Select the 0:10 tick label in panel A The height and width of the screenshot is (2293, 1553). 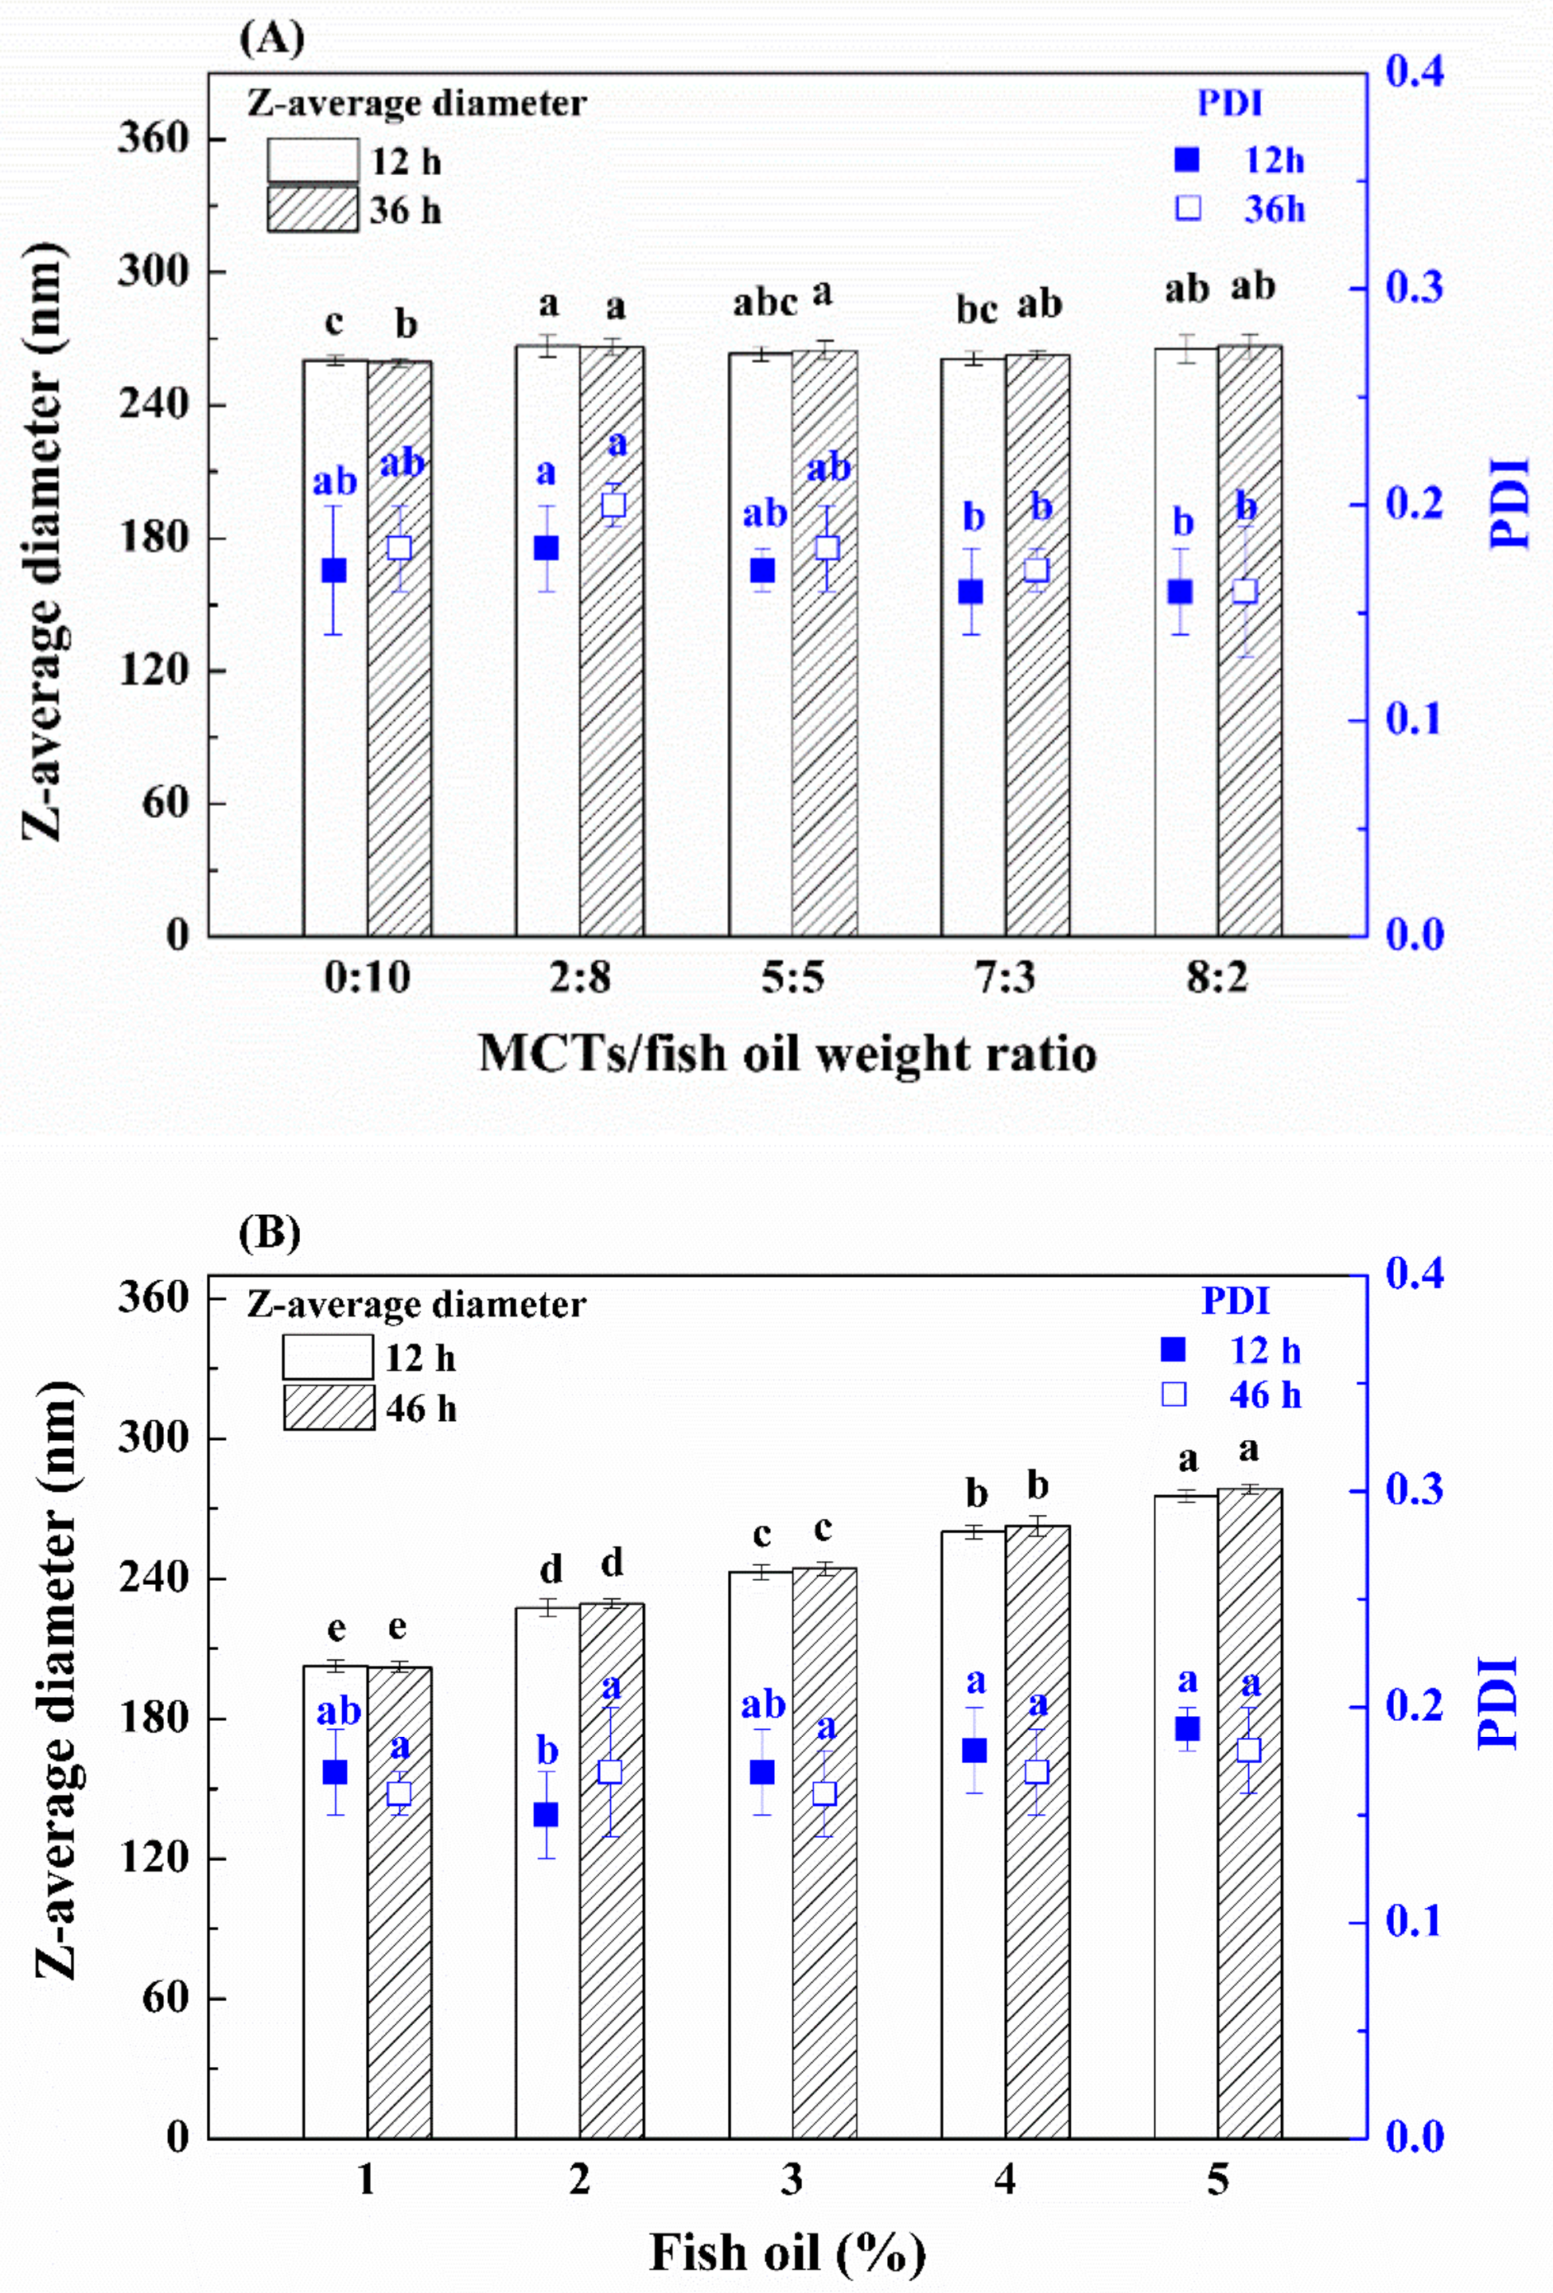tap(367, 978)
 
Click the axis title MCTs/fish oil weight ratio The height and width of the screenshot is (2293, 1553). tap(788, 1053)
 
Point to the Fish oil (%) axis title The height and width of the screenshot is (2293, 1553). tap(788, 2252)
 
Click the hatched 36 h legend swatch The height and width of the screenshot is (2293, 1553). tap(313, 209)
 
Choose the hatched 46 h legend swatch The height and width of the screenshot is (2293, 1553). tap(329, 1407)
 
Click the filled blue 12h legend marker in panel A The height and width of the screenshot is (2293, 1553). tap(1187, 160)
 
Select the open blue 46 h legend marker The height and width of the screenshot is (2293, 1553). tap(1174, 1394)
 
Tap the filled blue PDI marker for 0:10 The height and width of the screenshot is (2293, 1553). tap(334, 570)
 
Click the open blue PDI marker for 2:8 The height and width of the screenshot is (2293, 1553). tap(613, 505)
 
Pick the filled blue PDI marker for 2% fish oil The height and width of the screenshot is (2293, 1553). tap(547, 1815)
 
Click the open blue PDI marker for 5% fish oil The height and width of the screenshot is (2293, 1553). tap(1249, 1750)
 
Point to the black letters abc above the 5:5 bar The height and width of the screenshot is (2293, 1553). tap(765, 303)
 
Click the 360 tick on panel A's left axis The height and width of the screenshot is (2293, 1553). tap(153, 138)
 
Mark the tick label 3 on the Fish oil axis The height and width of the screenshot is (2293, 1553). tap(792, 2179)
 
